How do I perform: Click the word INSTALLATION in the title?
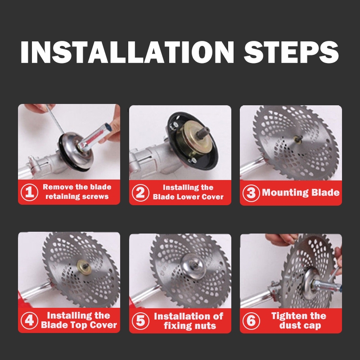coord(127,52)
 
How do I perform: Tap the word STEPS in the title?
coord(291,52)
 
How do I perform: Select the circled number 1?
coord(29,193)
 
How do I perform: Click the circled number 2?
coord(140,193)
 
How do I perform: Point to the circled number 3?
coord(251,193)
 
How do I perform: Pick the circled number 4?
coord(29,320)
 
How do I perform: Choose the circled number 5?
coord(140,321)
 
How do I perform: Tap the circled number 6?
coord(251,321)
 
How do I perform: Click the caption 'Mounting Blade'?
coord(301,193)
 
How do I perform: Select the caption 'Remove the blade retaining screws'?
coord(77,192)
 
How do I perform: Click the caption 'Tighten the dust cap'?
coord(299,320)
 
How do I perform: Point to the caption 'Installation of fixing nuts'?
coord(189,321)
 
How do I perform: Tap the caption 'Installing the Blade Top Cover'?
coord(79,320)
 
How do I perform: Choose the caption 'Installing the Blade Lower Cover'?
coord(188,192)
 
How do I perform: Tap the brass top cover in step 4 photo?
coord(84,267)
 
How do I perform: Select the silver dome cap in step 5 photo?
coord(193,266)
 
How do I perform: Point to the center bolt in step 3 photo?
coord(298,139)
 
